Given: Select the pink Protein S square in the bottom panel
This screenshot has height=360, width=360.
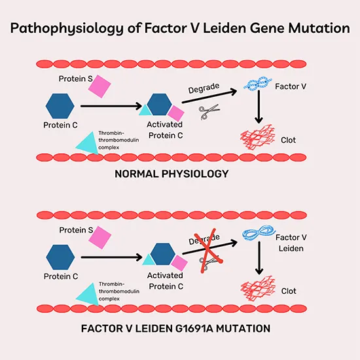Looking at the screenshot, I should tap(100, 237).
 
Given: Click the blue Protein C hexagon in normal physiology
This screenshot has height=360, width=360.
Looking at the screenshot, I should tap(58, 105).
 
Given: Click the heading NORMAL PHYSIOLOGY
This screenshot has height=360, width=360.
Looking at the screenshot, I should tap(171, 173).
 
